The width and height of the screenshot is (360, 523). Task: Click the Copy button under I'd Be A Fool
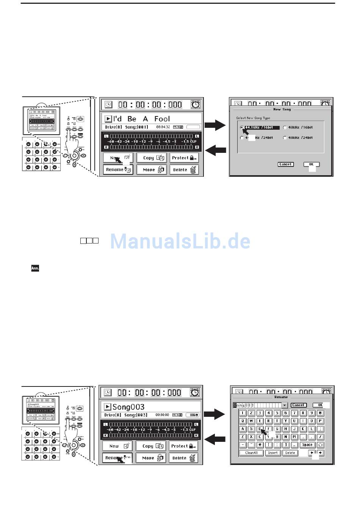coord(151,158)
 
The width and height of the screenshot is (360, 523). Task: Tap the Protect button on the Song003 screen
coord(183,446)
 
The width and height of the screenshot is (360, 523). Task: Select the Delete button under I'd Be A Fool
coord(184,170)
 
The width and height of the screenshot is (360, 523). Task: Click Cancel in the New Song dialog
coord(285,164)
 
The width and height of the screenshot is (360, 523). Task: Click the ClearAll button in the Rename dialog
coord(251,453)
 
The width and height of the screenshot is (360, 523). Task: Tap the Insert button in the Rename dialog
coord(273,453)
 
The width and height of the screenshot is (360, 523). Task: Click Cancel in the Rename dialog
coord(298,405)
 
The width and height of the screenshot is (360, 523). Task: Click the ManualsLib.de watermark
coord(180,241)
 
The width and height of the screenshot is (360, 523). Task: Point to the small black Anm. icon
coord(35,269)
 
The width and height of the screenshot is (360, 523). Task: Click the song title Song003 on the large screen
coord(128,407)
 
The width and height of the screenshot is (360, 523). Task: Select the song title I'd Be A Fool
coord(141,119)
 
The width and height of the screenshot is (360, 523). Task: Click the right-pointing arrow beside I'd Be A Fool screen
coord(215,125)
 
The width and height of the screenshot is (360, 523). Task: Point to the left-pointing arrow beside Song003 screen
coord(215,440)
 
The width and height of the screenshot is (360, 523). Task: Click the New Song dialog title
coord(282,109)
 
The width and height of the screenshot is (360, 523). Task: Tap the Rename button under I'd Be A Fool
coord(117,170)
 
